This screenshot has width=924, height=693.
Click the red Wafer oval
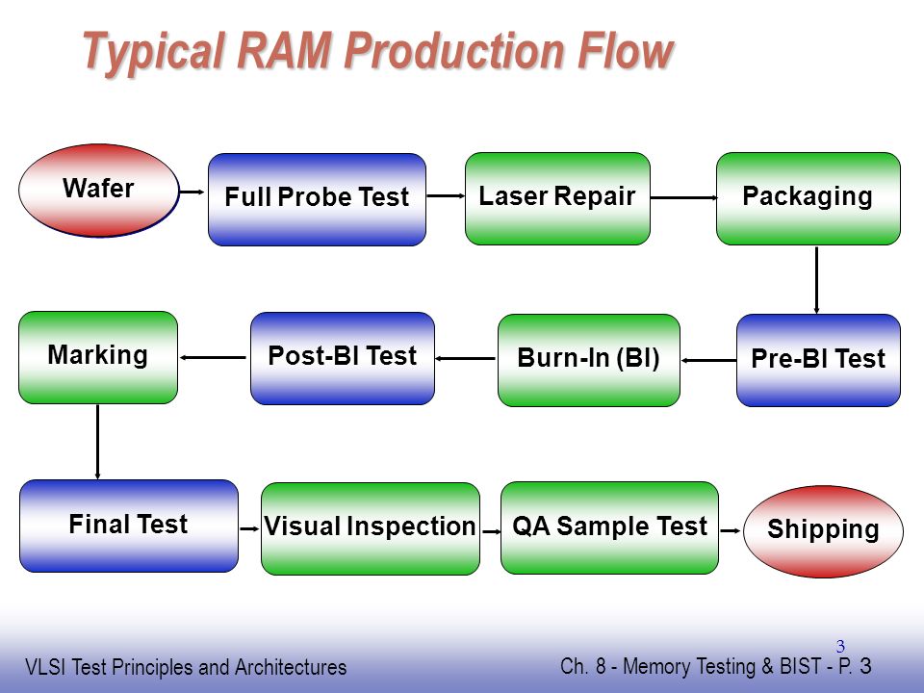[x=98, y=191]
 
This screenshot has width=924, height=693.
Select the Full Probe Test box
[x=317, y=199]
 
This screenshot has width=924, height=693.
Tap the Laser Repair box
[x=557, y=198]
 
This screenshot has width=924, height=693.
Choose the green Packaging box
[x=808, y=198]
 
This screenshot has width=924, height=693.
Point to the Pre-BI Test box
[x=818, y=360]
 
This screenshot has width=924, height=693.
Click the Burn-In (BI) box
[x=589, y=360]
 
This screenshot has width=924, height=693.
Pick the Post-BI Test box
[x=343, y=358]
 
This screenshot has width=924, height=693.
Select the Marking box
[x=98, y=358]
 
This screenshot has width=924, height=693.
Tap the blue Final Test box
[x=128, y=526]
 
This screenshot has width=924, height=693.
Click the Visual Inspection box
[x=370, y=528]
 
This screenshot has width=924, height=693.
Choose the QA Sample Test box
[x=609, y=528]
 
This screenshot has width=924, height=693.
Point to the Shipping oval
[x=823, y=531]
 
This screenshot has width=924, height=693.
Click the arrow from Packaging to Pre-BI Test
[x=816, y=280]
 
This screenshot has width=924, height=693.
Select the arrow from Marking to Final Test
[x=97, y=442]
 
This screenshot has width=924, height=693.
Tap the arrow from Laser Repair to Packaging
[x=683, y=197]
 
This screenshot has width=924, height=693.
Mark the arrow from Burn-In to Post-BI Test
[x=466, y=358]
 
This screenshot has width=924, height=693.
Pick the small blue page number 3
[x=840, y=647]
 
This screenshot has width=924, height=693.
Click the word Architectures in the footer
[x=291, y=667]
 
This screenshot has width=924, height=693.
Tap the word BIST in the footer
[x=800, y=666]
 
